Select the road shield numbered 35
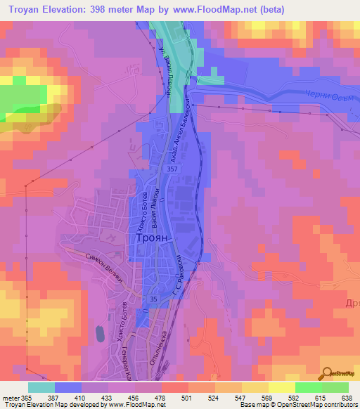click(x=153, y=300)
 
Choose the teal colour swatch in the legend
click(x=41, y=387)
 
